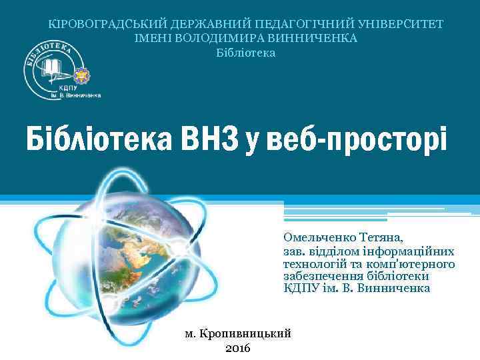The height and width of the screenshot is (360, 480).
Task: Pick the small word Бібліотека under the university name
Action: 245,52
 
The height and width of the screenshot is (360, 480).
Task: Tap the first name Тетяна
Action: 383,237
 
